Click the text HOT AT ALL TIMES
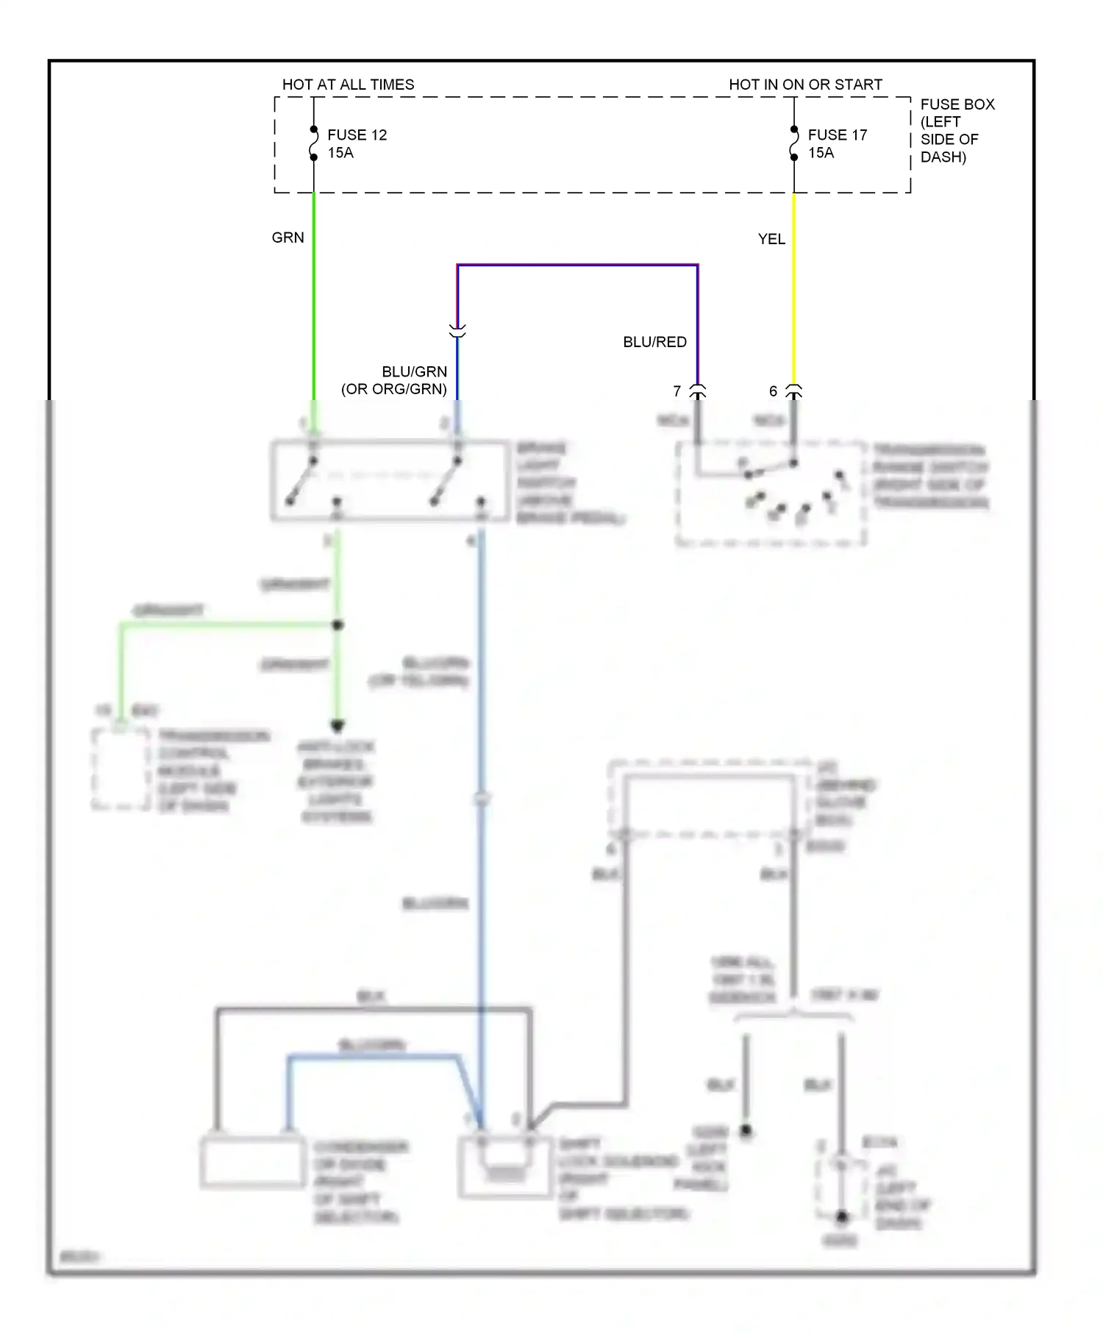pos(348,85)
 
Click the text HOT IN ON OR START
pos(805,85)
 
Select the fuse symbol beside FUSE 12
pos(314,143)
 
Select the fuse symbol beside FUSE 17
pos(794,143)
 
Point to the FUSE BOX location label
pos(957,130)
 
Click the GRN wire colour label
pos(288,238)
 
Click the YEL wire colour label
pos(771,239)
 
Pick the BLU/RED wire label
pos(654,342)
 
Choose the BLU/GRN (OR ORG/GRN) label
pos(395,380)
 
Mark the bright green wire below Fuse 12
pos(314,294)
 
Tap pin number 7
pos(677,391)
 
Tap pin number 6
pos(773,391)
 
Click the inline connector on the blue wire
pos(457,332)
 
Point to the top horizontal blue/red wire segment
pos(577,265)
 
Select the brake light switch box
pos(390,481)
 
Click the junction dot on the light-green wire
pos(338,626)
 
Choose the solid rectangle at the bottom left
pos(252,1163)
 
